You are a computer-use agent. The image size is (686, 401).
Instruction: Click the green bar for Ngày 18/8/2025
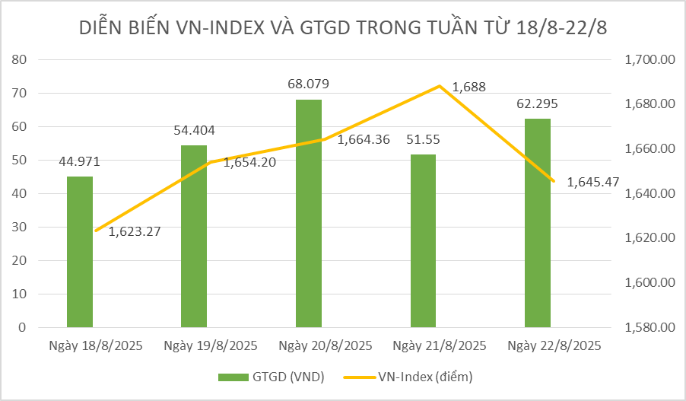[x=79, y=252]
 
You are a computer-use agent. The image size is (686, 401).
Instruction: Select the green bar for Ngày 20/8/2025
[x=308, y=213]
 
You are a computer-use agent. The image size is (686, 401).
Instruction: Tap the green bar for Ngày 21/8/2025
[x=423, y=240]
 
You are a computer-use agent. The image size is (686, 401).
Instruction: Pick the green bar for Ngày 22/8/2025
[x=537, y=223]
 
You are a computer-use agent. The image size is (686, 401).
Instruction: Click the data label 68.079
[x=308, y=84]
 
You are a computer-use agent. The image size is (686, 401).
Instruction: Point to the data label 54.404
[x=194, y=130]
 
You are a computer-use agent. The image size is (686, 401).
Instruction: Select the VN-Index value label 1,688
[x=468, y=88]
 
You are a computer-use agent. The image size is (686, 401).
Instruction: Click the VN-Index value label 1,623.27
[x=134, y=231]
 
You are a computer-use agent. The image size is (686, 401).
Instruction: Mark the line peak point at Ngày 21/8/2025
[x=440, y=86]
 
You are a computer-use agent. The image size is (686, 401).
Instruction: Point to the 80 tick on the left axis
[x=20, y=59]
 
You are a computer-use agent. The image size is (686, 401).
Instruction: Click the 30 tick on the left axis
[x=20, y=227]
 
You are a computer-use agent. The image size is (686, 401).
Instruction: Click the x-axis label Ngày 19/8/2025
[x=211, y=345]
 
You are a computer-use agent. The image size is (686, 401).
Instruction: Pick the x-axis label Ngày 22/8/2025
[x=554, y=345]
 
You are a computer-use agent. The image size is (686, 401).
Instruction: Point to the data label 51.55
[x=423, y=139]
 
